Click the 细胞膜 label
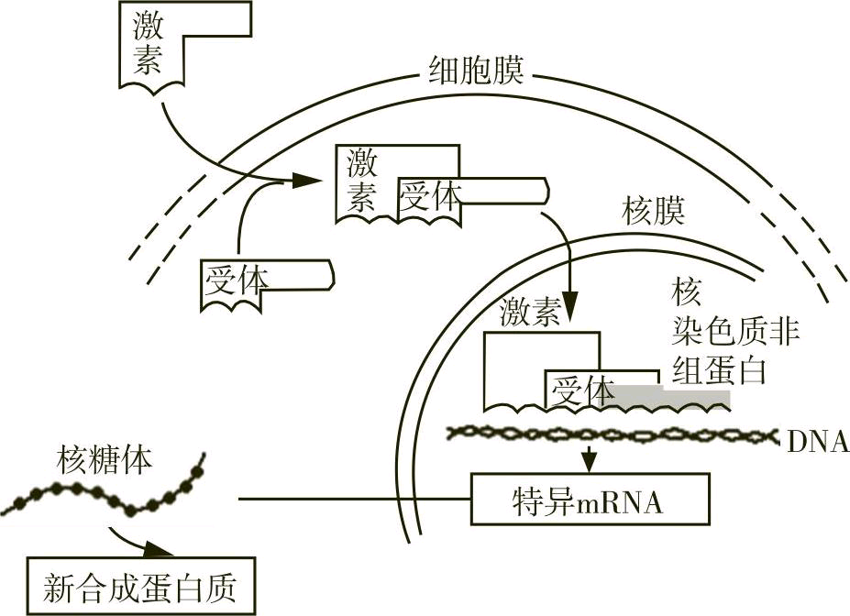[x=476, y=70]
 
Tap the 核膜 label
[x=654, y=213]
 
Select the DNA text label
[x=817, y=443]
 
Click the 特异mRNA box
[x=590, y=500]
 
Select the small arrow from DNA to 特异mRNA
[x=590, y=455]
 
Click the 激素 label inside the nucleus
[x=530, y=313]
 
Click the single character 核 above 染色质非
[x=687, y=293]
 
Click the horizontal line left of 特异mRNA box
[x=353, y=500]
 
